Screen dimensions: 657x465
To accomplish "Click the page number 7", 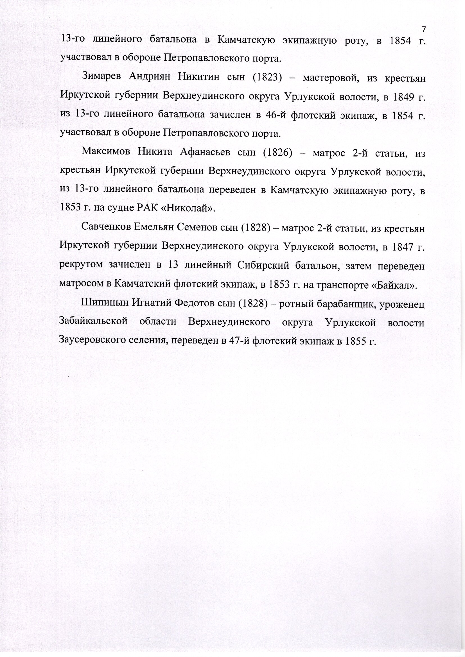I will [x=424, y=29].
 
